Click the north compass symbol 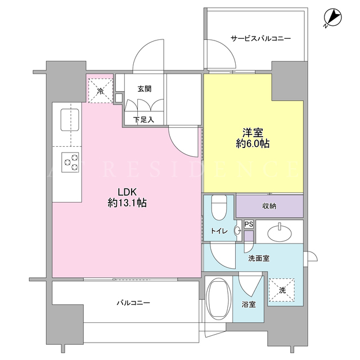tap(332, 18)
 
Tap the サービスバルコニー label tap(260, 38)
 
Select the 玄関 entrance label tap(145, 89)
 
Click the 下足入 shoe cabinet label tap(144, 119)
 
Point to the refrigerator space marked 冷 tap(101, 91)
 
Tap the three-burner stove tap(70, 163)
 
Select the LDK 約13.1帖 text tap(127, 197)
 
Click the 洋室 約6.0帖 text tap(253, 138)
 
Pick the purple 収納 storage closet tap(269, 206)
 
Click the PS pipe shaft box tap(249, 224)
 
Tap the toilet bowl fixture tap(219, 208)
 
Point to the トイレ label tap(219, 231)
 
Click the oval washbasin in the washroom tap(280, 232)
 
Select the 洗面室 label tap(259, 259)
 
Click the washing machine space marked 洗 tap(282, 290)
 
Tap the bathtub tap(219, 299)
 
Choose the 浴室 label tap(249, 305)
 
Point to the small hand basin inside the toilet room tap(237, 231)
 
